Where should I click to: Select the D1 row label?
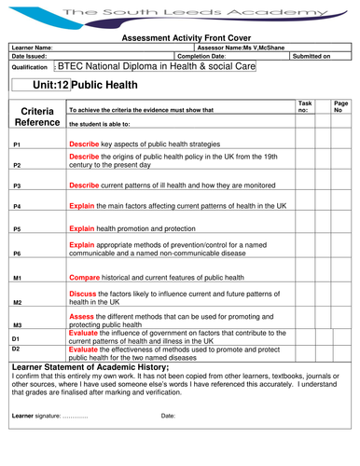tap(16, 337)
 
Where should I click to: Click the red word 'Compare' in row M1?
tap(86, 278)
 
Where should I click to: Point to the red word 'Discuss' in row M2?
tap(84, 295)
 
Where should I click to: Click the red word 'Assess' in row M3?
tap(82, 316)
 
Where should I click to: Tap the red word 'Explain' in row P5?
tap(83, 226)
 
